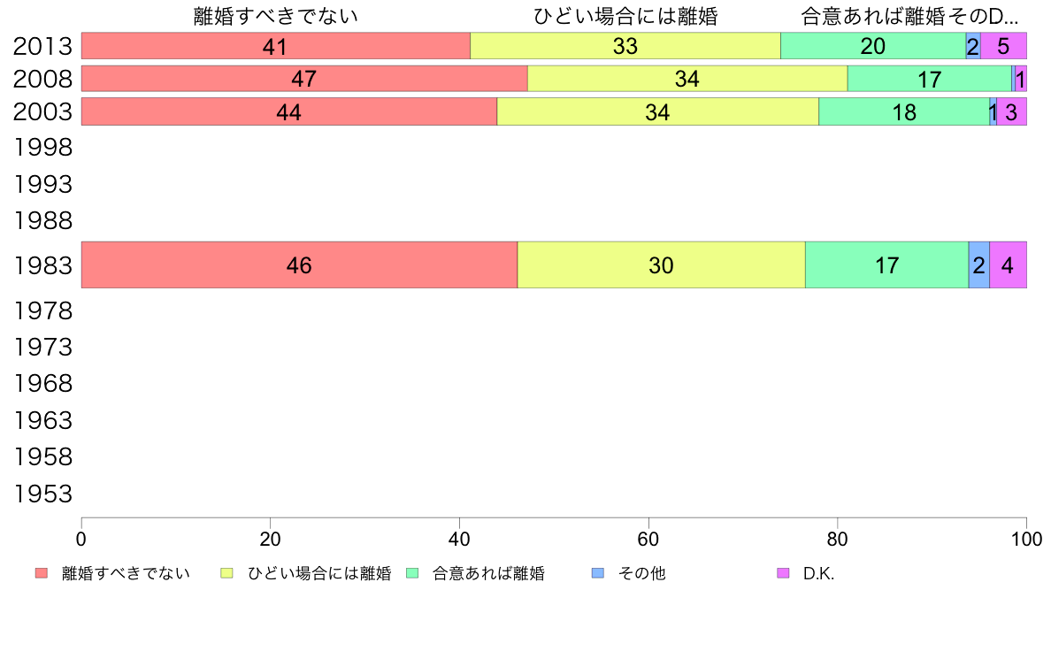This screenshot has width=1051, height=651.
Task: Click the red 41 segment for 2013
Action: (x=275, y=46)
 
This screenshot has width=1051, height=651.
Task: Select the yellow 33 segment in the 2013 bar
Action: (x=625, y=46)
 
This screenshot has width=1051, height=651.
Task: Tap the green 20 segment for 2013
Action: (x=872, y=46)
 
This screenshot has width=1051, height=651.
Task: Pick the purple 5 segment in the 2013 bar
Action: (x=1003, y=46)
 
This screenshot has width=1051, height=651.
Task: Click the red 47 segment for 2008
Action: (x=304, y=79)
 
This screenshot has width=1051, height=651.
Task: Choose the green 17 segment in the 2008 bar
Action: (x=929, y=79)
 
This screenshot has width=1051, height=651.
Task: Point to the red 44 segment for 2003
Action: (x=289, y=111)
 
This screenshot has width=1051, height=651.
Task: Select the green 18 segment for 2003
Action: (x=903, y=111)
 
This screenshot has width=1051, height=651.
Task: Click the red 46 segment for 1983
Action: (x=299, y=264)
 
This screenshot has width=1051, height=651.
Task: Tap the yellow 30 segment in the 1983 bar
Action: (x=661, y=264)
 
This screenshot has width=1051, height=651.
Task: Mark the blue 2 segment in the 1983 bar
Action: (x=978, y=264)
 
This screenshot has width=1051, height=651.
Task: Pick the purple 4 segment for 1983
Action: (x=1008, y=264)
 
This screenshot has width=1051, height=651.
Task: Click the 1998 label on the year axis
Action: (x=42, y=148)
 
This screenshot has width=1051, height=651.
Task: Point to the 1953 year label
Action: (x=42, y=494)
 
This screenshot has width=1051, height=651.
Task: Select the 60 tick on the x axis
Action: (x=648, y=538)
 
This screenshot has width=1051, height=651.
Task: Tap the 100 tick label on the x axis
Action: (x=1026, y=538)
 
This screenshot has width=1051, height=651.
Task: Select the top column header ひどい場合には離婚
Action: (x=625, y=16)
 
